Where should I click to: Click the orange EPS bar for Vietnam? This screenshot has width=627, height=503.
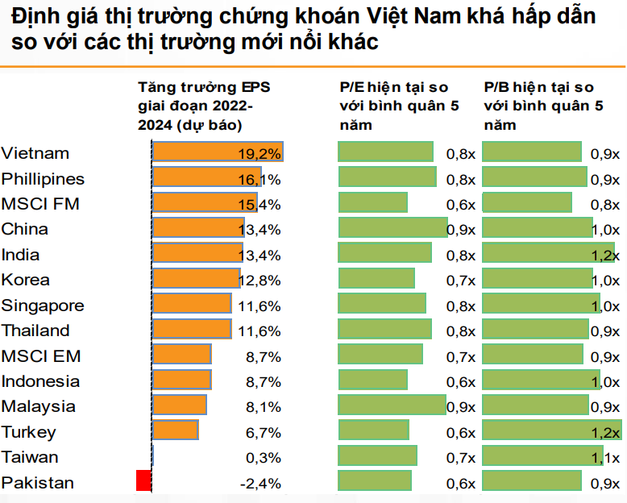(218, 152)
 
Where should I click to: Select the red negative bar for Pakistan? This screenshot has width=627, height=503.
(145, 482)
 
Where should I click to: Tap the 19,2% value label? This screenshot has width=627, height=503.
(260, 153)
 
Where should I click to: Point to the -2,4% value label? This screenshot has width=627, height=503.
(260, 483)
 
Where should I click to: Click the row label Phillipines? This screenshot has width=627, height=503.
(43, 179)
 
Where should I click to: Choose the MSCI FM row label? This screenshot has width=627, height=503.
(40, 204)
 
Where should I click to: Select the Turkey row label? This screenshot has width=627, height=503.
(29, 432)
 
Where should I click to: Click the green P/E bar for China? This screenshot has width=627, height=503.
(392, 228)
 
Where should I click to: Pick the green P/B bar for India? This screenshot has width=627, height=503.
(548, 254)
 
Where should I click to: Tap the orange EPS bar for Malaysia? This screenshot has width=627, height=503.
(180, 405)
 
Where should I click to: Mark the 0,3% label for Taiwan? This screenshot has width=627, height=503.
(263, 458)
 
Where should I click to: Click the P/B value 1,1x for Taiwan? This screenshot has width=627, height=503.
(605, 458)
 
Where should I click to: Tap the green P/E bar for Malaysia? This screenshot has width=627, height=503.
(392, 405)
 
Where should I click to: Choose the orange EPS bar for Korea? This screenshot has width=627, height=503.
(197, 279)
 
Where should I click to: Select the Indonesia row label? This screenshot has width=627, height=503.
(40, 381)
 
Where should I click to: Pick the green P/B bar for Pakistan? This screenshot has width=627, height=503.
(532, 482)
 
